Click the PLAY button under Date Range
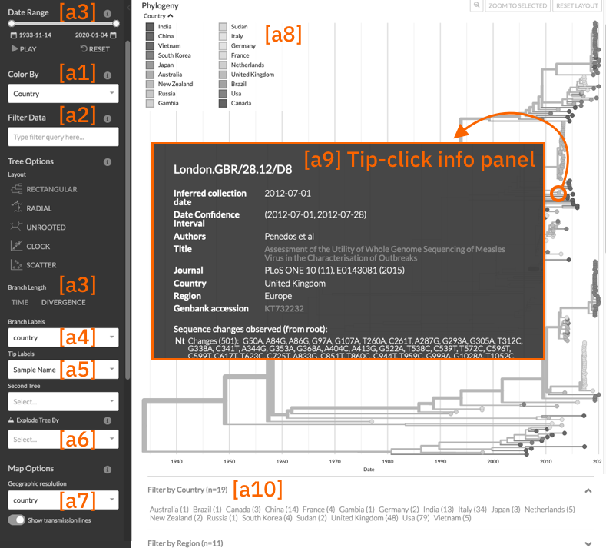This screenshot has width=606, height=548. pyautogui.click(x=24, y=49)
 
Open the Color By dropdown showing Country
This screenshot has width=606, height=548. pyautogui.click(x=63, y=94)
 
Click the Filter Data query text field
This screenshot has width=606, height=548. pyautogui.click(x=63, y=137)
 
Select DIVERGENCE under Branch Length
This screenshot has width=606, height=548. pyautogui.click(x=64, y=303)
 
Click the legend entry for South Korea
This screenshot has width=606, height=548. pyautogui.click(x=174, y=55)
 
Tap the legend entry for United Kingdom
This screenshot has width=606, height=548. pyautogui.click(x=252, y=75)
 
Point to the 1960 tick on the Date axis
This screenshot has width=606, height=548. pyautogui.click(x=282, y=461)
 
